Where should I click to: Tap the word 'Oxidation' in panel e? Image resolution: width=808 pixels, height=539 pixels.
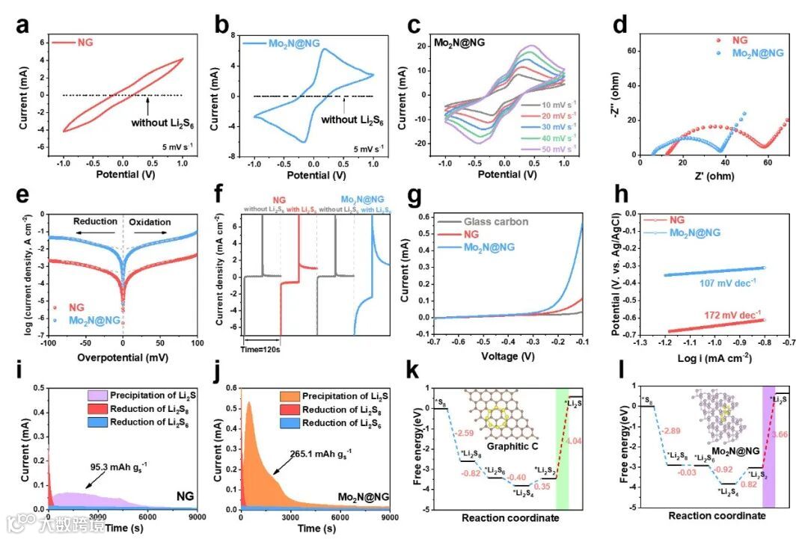pos(150,222)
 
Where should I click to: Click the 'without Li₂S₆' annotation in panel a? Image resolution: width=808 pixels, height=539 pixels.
pos(163,123)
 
